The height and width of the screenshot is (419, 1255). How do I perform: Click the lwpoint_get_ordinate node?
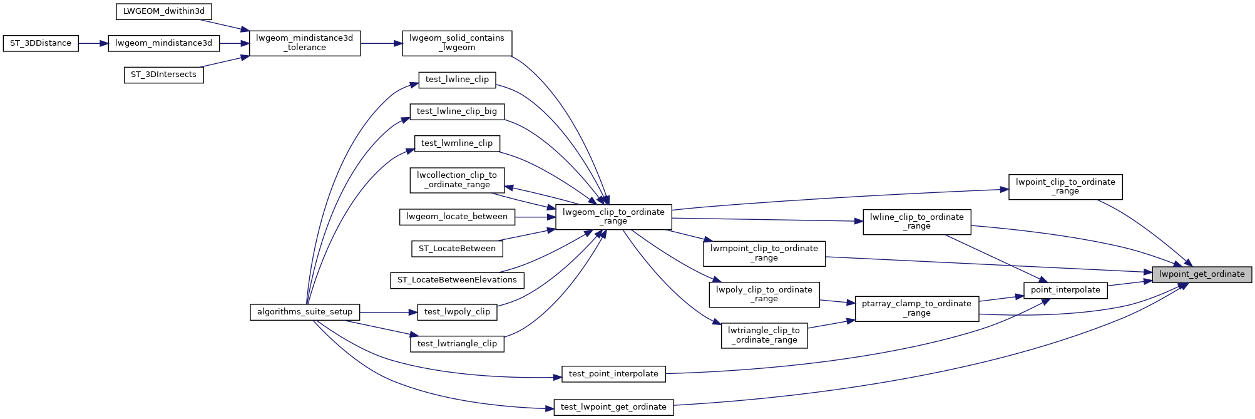[1202, 274]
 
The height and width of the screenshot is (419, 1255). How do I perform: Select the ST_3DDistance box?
[41, 43]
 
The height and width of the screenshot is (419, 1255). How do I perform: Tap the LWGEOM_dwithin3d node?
[164, 11]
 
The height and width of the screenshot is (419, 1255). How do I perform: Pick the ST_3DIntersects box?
[163, 75]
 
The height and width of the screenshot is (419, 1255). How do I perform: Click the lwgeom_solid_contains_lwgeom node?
[457, 43]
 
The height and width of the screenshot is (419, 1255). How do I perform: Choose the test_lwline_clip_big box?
[457, 111]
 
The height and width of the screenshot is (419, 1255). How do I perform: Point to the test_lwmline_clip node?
[457, 143]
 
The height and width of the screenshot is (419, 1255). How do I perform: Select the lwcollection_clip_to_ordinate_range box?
[457, 180]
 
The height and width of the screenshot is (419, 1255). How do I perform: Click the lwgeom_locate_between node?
[457, 217]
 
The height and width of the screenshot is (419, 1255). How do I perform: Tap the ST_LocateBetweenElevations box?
[457, 280]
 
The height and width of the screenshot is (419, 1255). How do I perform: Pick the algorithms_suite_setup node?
[305, 312]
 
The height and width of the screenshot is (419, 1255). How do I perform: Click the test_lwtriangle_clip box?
[457, 344]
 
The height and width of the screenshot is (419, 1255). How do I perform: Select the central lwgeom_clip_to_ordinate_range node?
[613, 217]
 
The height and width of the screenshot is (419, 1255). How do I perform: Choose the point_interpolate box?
[1065, 290]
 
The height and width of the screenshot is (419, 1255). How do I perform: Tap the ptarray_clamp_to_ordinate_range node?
[916, 308]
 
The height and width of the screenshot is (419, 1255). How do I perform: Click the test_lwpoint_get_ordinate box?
[613, 407]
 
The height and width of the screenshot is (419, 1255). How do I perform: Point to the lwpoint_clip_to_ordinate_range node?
[1065, 187]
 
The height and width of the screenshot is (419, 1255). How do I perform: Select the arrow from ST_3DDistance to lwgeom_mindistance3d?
[93, 43]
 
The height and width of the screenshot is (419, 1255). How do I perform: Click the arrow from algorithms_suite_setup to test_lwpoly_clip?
[388, 312]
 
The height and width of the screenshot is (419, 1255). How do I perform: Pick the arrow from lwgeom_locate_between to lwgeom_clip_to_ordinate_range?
[535, 217]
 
